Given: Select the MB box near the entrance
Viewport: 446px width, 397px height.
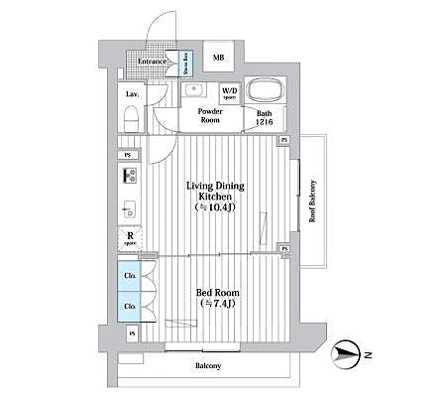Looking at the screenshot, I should [218, 58].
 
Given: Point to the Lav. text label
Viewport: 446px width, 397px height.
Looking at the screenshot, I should [131, 94].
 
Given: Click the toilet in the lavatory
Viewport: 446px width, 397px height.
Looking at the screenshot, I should [130, 116].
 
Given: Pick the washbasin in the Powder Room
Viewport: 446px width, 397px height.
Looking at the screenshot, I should [195, 91].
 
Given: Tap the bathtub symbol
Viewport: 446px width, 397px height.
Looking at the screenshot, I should [264, 91].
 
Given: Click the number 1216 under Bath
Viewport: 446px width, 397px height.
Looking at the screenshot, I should [265, 122].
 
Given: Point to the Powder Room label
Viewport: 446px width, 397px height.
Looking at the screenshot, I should [209, 115].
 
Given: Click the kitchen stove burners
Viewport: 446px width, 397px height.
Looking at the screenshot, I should [129, 177].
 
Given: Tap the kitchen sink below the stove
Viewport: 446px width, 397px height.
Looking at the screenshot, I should [129, 210].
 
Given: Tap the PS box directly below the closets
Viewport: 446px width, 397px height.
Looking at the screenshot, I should [131, 333].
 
